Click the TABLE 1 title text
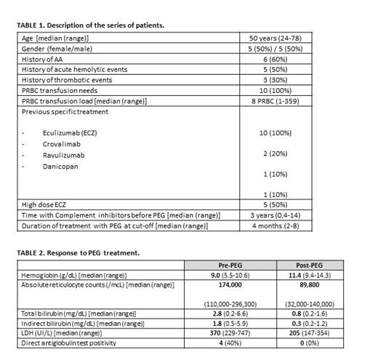tap(90, 25)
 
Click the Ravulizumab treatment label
tap(57, 156)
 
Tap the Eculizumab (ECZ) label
tap(65, 134)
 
